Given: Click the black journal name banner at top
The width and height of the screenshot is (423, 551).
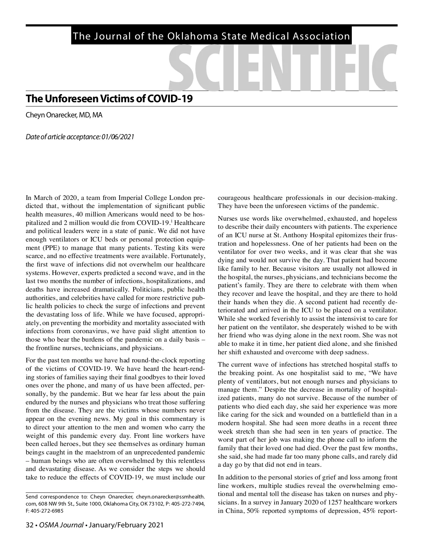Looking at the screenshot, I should tap(211, 36).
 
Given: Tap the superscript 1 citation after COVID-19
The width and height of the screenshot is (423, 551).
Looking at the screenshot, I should tap(171, 221).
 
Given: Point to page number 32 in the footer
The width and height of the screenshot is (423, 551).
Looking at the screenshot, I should tap(29, 525).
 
